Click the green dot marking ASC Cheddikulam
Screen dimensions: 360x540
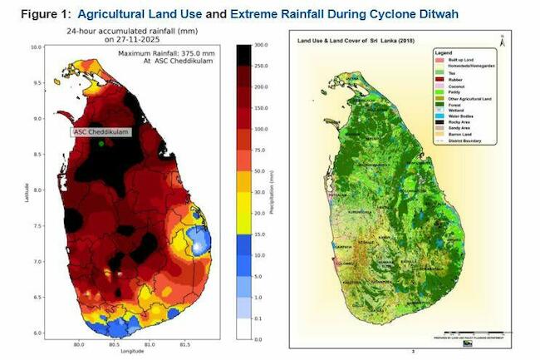click(x=101, y=144)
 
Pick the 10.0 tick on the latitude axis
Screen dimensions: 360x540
click(x=36, y=47)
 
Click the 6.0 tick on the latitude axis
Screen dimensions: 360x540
click(x=36, y=333)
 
